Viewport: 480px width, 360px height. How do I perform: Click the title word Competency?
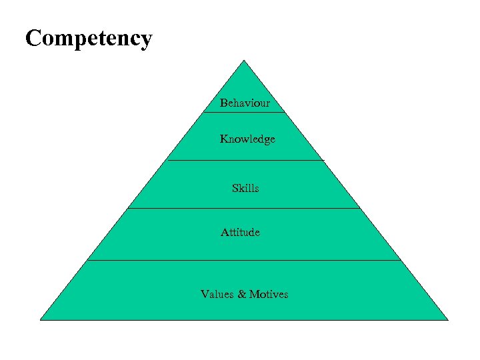tap(89, 39)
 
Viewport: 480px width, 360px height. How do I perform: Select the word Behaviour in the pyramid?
tap(245, 103)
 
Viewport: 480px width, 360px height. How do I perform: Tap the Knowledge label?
tap(247, 139)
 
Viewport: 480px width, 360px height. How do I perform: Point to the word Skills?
tap(245, 189)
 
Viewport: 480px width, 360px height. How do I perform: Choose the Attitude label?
tap(240, 233)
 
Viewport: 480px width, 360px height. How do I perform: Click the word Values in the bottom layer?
tap(217, 294)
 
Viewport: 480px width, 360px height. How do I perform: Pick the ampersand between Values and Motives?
tap(241, 294)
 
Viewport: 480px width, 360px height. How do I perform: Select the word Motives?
tap(269, 294)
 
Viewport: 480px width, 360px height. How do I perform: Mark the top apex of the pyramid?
tap(244, 61)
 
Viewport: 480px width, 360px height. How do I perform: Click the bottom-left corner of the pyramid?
tap(41, 319)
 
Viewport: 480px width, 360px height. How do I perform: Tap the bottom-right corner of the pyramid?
tap(447, 319)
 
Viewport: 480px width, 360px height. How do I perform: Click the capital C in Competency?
tap(33, 38)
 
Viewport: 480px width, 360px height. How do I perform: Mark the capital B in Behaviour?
tap(224, 103)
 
